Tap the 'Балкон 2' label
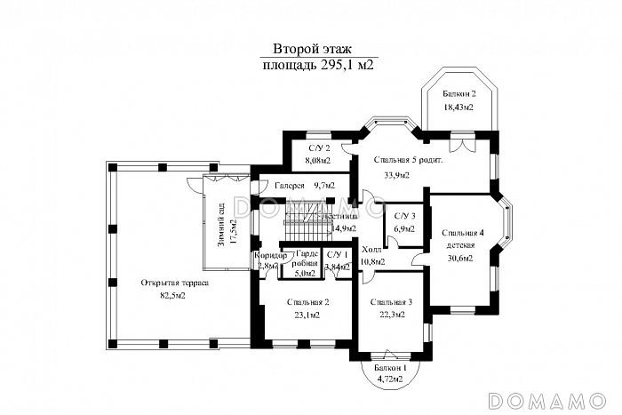click(459, 93)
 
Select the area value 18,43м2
click(459, 107)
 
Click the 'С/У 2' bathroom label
click(319, 148)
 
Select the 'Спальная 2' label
click(309, 302)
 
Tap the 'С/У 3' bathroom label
click(404, 216)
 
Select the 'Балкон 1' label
click(389, 368)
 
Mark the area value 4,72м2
click(389, 379)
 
